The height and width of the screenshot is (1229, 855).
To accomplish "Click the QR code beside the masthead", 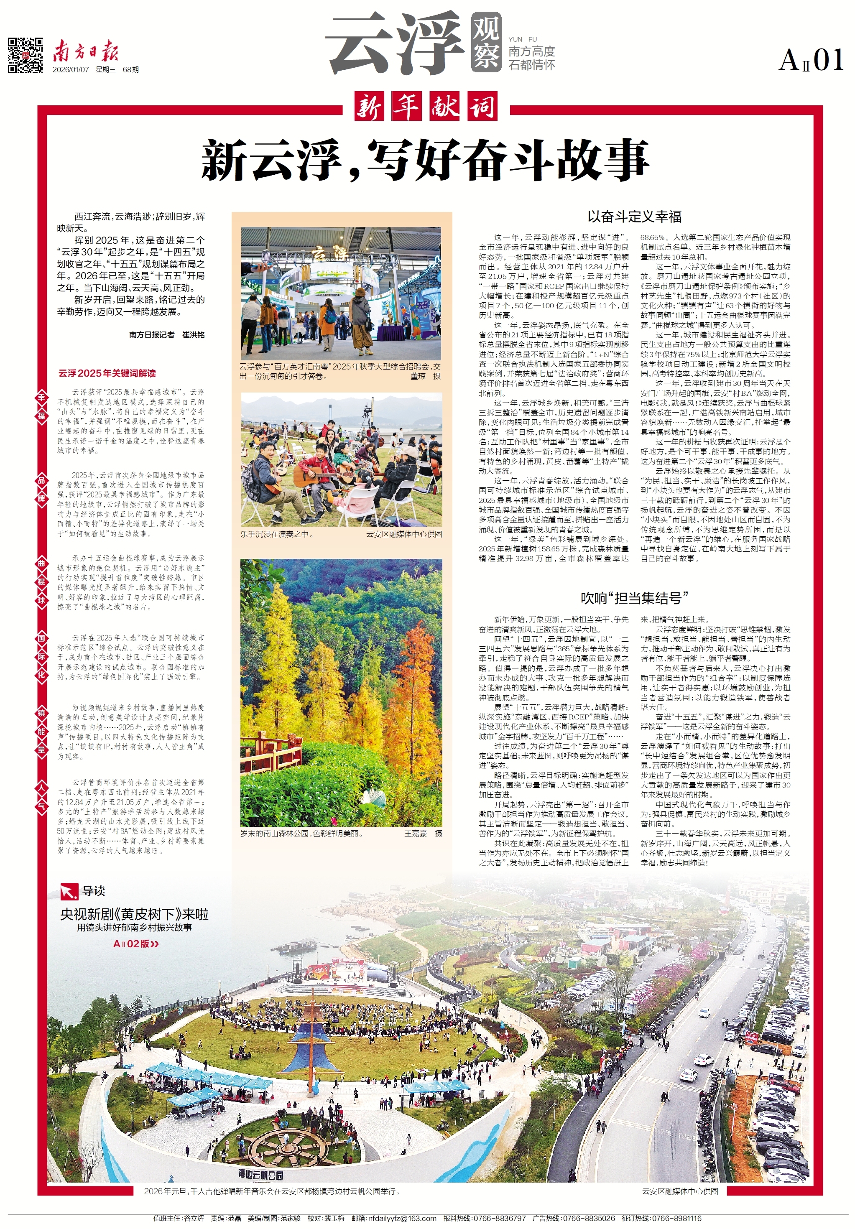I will [25, 55].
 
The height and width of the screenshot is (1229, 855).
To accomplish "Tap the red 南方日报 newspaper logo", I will [85, 52].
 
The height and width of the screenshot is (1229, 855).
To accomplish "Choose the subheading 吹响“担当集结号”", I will [634, 598].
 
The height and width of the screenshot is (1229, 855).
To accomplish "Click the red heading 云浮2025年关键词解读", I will [107, 373].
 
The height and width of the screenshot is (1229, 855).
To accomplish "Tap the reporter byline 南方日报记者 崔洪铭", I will [166, 334].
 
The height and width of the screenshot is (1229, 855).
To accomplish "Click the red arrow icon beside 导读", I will [69, 891].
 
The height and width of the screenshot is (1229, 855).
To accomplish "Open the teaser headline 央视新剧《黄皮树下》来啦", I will [134, 914].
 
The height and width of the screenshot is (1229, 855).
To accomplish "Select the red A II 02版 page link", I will [135, 944].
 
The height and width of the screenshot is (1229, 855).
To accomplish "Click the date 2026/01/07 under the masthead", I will [71, 69].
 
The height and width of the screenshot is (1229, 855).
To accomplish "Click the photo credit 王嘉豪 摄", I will [422, 834].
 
